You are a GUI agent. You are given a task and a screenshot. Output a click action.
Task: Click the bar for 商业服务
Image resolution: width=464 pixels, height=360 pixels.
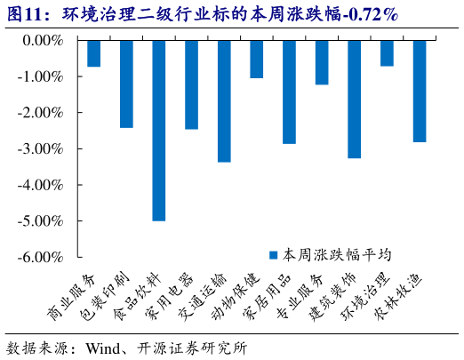pyautogui.click(x=93, y=53)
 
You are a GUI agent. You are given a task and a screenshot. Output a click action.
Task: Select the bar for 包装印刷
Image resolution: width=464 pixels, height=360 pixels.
pyautogui.click(x=126, y=84)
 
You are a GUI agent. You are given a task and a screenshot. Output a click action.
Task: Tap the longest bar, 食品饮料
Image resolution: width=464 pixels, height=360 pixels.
pyautogui.click(x=159, y=130)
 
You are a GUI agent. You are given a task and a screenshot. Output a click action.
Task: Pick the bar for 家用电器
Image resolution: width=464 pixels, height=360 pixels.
pyautogui.click(x=191, y=84)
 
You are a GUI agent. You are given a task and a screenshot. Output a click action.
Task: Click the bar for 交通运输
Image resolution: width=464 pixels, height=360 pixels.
pyautogui.click(x=224, y=100)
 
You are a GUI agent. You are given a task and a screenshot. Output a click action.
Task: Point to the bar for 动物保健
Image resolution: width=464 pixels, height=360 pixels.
pyautogui.click(x=256, y=59)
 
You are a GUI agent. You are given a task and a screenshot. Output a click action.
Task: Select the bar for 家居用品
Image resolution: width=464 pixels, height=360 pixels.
pyautogui.click(x=289, y=92)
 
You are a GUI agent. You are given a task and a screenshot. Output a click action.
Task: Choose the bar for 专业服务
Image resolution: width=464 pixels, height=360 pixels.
pyautogui.click(x=322, y=62)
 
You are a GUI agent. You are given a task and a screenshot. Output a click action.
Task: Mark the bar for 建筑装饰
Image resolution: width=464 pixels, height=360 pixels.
pyautogui.click(x=354, y=99)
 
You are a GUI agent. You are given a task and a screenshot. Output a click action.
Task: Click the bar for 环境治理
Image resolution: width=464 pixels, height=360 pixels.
pyautogui.click(x=387, y=53)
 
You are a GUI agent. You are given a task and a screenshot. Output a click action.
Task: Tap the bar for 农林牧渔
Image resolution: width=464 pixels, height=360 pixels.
pyautogui.click(x=419, y=91)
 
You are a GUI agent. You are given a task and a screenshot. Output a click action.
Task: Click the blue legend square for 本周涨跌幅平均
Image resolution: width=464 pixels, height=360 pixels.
pyautogui.click(x=276, y=254)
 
